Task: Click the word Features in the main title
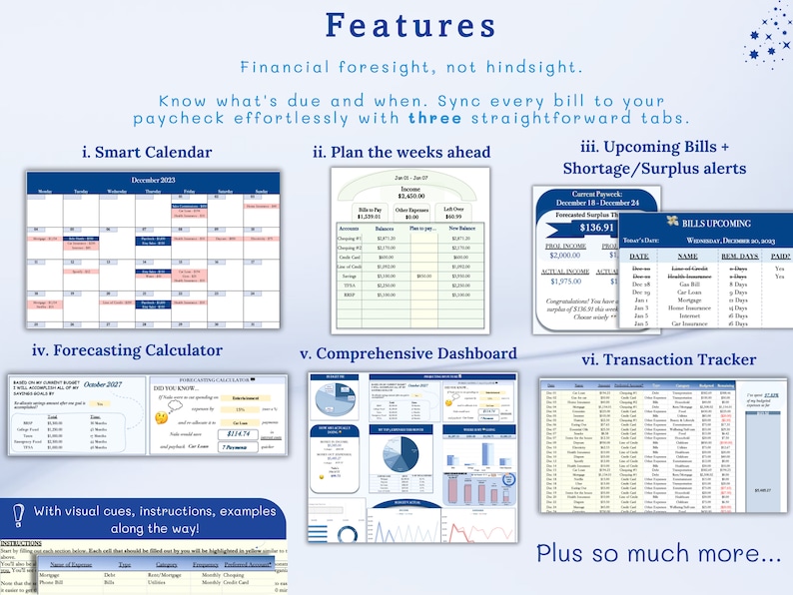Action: pos(396,26)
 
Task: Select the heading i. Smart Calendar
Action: pos(148,153)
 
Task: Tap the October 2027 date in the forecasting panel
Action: pos(102,384)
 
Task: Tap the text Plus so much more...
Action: pos(658,553)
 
